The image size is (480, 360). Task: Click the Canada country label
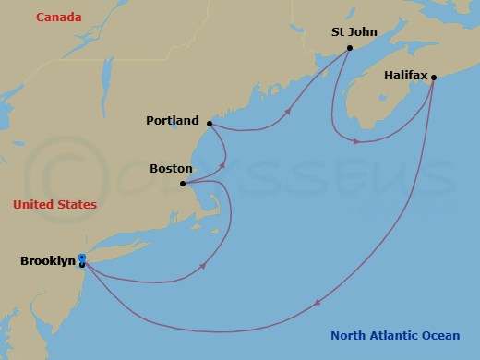59,18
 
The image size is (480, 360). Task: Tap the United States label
54,204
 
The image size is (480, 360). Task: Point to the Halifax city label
405,66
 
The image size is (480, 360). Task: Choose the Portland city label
172,121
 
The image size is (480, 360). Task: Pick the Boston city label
171,169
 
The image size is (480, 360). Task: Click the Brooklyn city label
47,261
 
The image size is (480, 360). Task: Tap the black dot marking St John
349,48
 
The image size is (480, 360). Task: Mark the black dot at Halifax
434,78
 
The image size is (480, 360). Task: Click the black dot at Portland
210,123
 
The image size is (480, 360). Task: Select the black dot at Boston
183,184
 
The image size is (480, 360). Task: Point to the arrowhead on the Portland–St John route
289,112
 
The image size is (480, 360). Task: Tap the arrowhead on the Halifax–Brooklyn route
317,302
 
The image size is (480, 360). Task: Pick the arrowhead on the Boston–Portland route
222,166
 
